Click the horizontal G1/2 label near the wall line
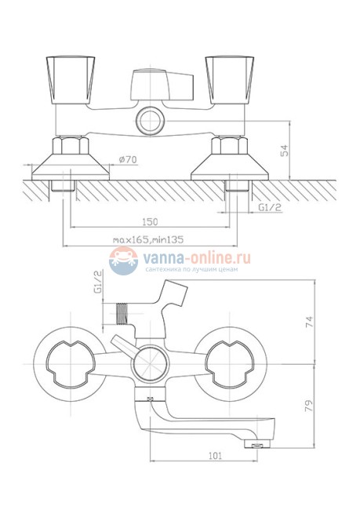click(x=271, y=208)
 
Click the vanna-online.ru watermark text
click(x=195, y=257)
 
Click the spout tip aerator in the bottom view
click(x=253, y=444)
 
